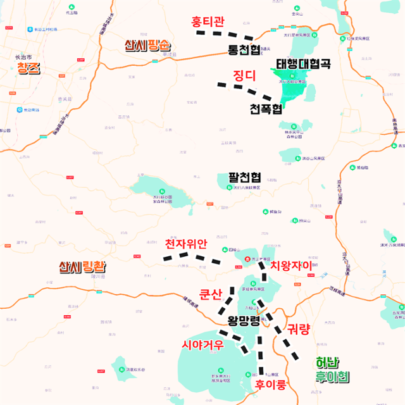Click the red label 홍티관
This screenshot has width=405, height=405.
tap(208, 22)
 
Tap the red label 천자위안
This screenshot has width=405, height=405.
tap(185, 244)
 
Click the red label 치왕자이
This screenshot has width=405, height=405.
tap(291, 266)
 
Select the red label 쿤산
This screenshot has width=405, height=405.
tap(211, 294)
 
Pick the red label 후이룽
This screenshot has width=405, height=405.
tap(271, 384)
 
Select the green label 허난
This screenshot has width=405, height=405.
tap(327, 363)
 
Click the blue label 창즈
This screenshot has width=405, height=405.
tap(28, 68)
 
